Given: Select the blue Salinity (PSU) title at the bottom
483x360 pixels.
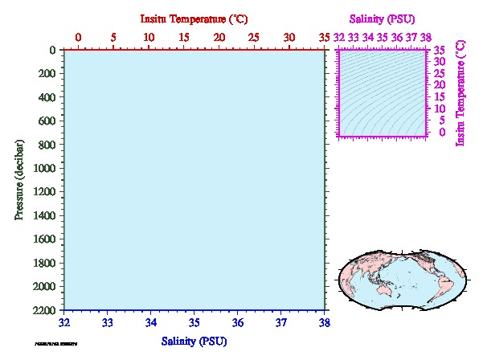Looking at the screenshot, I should click(x=194, y=341).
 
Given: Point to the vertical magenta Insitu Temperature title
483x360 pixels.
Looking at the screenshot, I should click(x=460, y=93).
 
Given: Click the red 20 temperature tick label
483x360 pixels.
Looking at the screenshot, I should click(x=219, y=37).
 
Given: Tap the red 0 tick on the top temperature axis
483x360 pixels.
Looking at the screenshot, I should click(x=78, y=37).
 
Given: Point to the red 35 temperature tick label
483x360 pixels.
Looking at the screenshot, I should click(x=325, y=37).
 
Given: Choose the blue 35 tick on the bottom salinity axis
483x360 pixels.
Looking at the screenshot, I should click(x=194, y=322).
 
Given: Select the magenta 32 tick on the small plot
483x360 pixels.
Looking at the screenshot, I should click(x=340, y=37).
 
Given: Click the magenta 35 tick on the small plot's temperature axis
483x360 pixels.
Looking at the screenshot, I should click(x=440, y=50).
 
